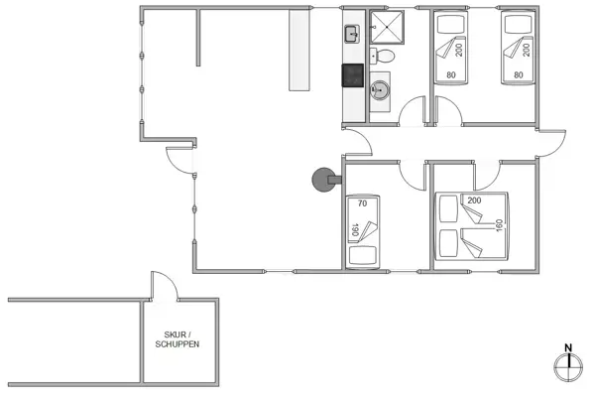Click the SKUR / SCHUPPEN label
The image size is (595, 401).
(178, 338)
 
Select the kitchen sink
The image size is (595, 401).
(352, 35)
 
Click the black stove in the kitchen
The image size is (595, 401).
(352, 74)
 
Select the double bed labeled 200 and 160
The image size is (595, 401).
(471, 225)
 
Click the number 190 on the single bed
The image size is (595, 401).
(353, 230)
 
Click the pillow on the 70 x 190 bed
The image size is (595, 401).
(364, 254)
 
